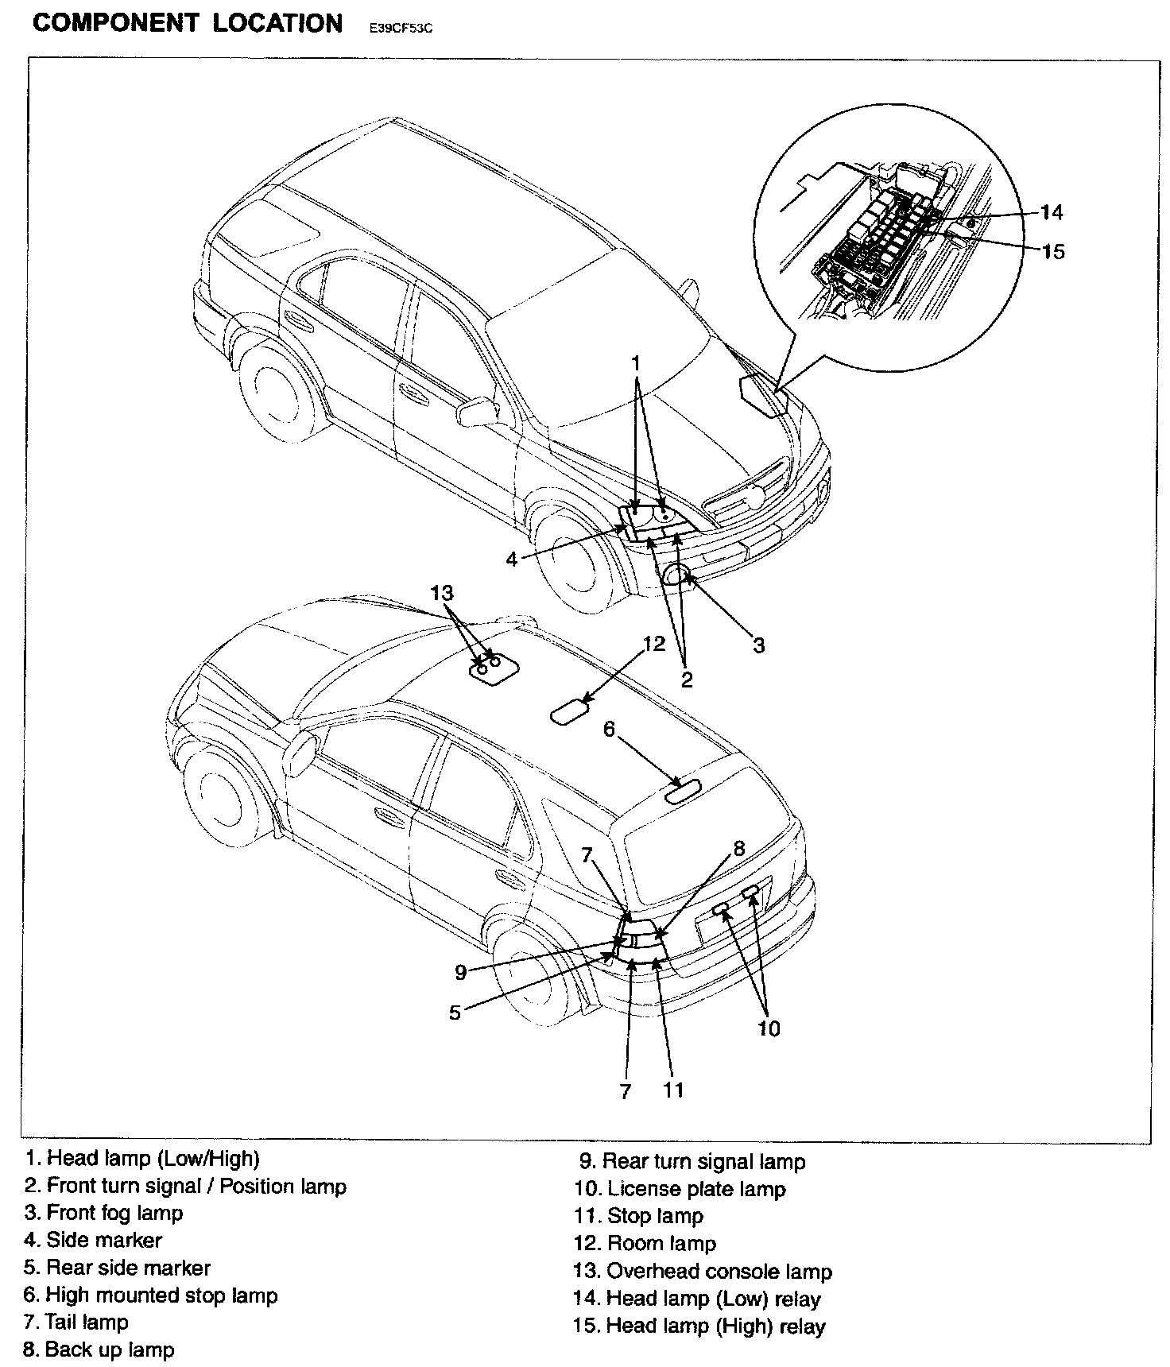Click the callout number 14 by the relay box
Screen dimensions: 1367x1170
(1051, 212)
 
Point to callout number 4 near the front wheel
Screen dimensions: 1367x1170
(512, 560)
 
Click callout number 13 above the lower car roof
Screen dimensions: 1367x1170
(442, 593)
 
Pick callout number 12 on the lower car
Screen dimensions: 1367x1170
(653, 643)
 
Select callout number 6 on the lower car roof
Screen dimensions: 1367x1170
(610, 729)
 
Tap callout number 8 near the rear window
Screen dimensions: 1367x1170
(739, 848)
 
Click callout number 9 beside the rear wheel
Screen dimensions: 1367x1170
(460, 971)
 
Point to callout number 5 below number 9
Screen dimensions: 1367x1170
(455, 1013)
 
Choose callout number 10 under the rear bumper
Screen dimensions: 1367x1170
(769, 1028)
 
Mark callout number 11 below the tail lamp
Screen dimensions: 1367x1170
(673, 1090)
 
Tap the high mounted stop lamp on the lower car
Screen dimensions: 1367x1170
(684, 791)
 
